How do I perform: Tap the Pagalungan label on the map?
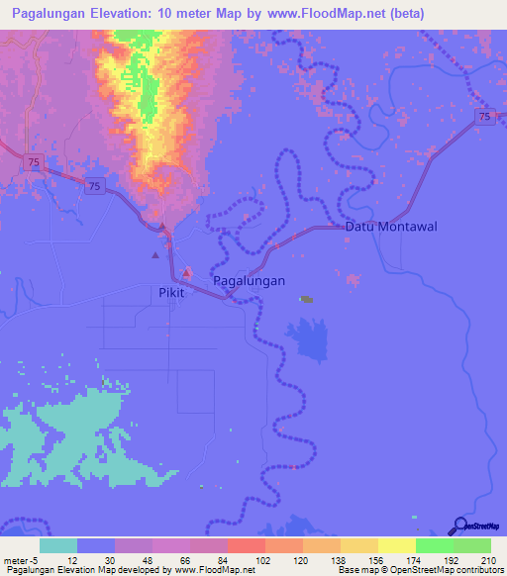[250, 281]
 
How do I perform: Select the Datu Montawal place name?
[391, 227]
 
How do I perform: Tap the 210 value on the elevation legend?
[487, 560]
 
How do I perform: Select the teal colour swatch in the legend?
[58, 545]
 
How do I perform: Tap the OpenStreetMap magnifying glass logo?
[459, 527]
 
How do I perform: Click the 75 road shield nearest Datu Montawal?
[483, 117]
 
